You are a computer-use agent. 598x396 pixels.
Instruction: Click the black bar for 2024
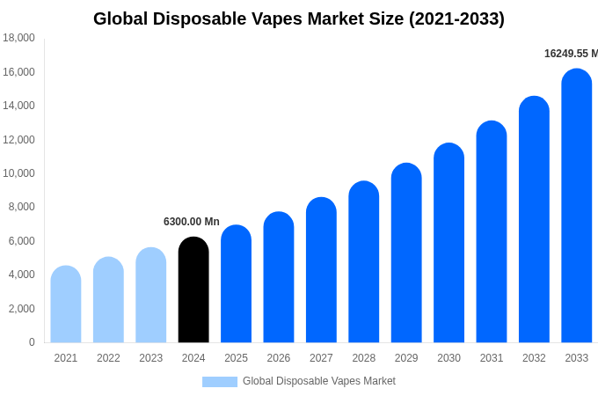[193, 290]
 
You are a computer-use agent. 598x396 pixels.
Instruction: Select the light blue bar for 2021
[66, 304]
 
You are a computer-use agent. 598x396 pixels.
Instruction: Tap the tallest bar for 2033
[576, 207]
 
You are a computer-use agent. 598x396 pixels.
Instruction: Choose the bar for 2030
[448, 244]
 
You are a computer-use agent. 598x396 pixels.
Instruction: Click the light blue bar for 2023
[151, 296]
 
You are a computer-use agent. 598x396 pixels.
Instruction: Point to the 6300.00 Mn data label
[192, 222]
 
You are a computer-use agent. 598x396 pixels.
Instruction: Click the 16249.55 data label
[570, 54]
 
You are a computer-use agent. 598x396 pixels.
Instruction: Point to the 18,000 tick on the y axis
[19, 38]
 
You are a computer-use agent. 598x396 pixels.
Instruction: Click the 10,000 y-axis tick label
[19, 173]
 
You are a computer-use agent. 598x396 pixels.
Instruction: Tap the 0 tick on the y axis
[32, 342]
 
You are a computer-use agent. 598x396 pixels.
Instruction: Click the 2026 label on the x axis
[279, 358]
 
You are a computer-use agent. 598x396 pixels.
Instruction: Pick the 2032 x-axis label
[534, 358]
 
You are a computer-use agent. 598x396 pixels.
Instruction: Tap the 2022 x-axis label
[108, 358]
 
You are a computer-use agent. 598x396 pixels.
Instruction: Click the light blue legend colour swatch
[219, 382]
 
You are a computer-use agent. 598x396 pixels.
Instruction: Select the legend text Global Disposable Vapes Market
[319, 381]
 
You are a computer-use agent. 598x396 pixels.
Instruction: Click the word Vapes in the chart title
[273, 18]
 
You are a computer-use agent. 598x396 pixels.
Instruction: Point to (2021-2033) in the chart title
[456, 18]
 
